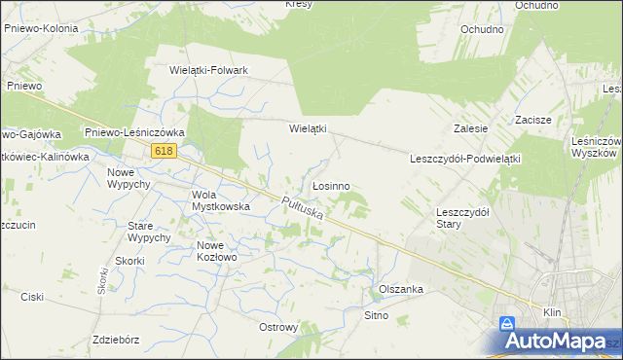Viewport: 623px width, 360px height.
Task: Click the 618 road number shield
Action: click(164, 150)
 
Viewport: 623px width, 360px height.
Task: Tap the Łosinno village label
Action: click(331, 185)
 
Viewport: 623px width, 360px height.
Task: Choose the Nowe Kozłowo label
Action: click(216, 251)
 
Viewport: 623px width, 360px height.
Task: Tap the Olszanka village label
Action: click(400, 289)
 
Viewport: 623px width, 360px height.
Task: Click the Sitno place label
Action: click(377, 315)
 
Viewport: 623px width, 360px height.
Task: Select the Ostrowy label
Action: click(278, 327)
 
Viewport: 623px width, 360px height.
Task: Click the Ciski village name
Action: click(31, 298)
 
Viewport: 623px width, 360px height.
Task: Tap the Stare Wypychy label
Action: click(149, 232)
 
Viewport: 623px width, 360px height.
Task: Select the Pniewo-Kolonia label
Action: click(41, 29)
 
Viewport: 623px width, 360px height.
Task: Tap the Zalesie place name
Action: click(470, 128)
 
